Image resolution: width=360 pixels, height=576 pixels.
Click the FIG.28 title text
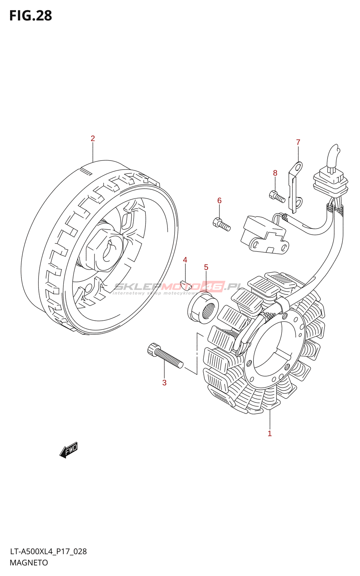[x=31, y=16]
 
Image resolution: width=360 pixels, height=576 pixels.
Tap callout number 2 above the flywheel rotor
[x=93, y=138]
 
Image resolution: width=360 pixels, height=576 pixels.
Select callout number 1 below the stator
[x=270, y=433]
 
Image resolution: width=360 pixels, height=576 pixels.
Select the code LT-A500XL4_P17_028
[x=48, y=552]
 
